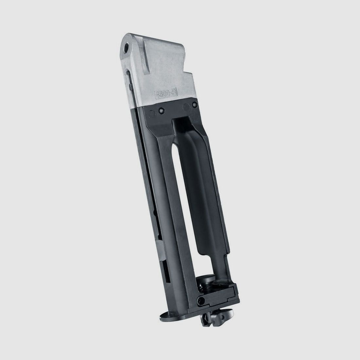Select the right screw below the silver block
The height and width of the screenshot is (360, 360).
(194, 105)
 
